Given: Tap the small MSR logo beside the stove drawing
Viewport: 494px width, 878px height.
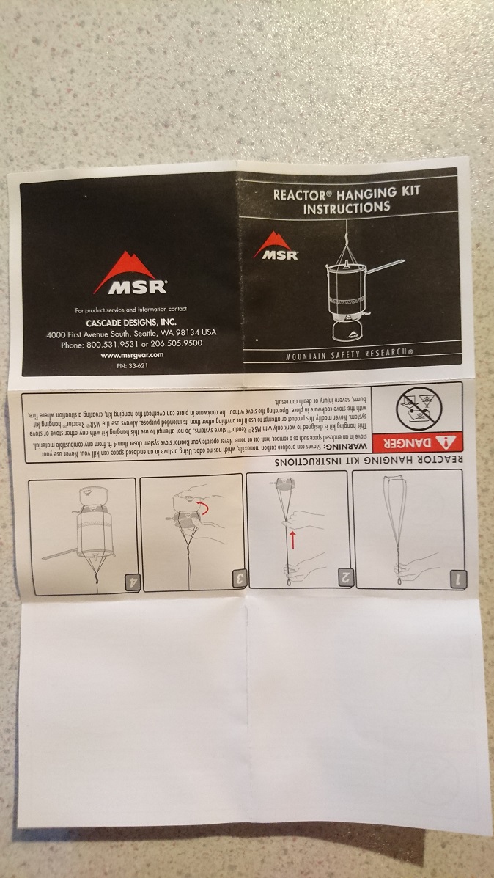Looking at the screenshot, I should (276, 246).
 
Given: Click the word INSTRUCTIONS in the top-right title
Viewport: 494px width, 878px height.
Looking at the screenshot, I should (347, 208).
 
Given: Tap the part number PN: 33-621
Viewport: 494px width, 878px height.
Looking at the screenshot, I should (130, 365).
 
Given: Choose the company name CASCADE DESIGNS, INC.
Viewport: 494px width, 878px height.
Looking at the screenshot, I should (130, 322).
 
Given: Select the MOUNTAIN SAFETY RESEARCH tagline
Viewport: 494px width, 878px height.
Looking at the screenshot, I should (350, 357).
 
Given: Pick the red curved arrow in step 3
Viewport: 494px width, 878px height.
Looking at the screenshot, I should (203, 508).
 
